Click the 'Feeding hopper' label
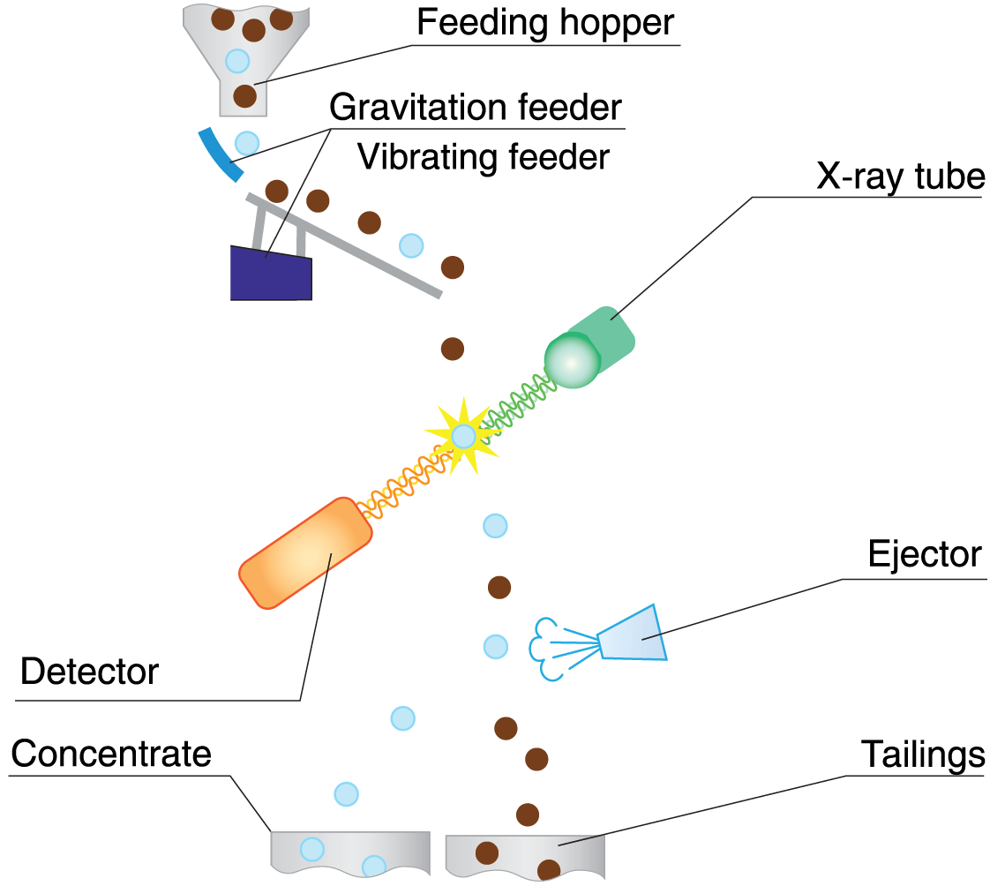tap(546, 23)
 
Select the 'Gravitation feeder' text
tap(476, 108)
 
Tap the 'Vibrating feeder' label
tap(484, 157)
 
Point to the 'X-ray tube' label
tap(899, 177)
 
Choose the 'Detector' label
tap(89, 672)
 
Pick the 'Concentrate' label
tap(111, 755)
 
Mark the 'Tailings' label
tap(922, 755)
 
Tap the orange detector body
tap(305, 552)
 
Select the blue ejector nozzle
tap(634, 634)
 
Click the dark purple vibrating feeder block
tap(270, 273)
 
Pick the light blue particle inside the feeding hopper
tap(237, 61)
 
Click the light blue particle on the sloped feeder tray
tap(411, 245)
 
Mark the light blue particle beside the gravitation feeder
tap(247, 142)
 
